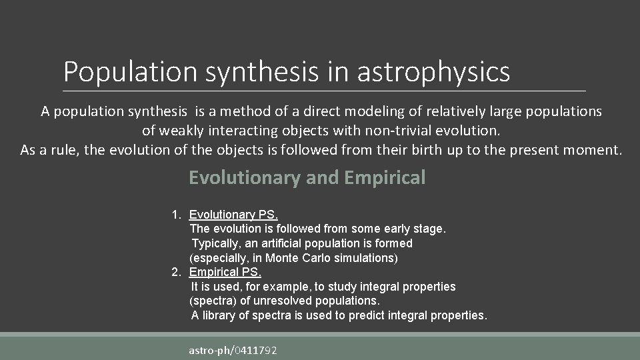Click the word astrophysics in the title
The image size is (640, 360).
coord(433,72)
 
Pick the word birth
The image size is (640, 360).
coord(418,149)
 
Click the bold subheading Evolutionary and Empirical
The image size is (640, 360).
coord(307,177)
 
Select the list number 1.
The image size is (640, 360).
coord(175,215)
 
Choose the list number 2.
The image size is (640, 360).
coord(175,272)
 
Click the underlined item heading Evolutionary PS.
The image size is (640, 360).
coord(233,215)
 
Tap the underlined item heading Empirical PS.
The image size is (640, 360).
coord(225,272)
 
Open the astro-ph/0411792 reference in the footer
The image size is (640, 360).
coord(233,350)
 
